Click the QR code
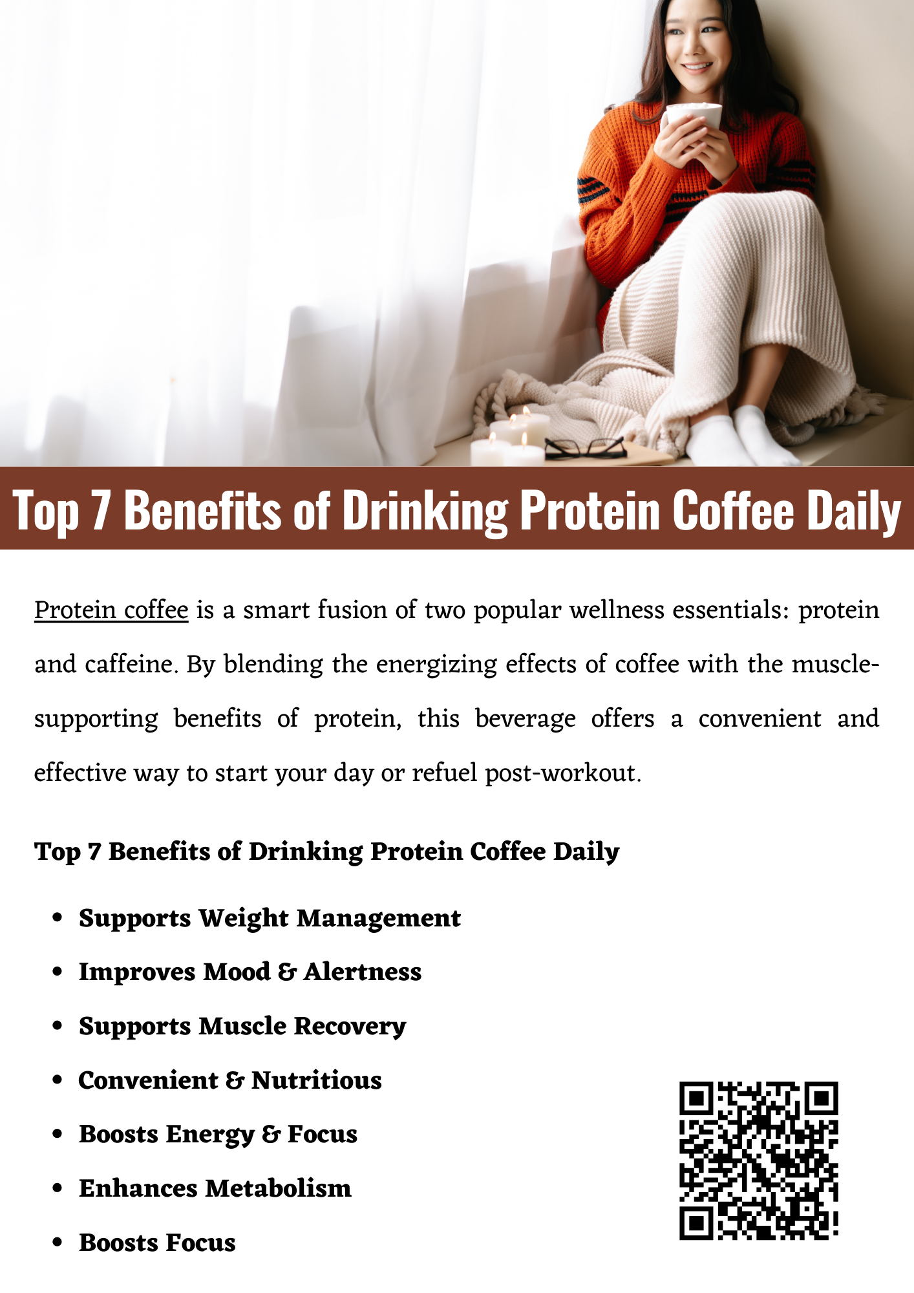759,1160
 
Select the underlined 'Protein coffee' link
111,610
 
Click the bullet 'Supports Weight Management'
270,919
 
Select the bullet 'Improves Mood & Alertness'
250,972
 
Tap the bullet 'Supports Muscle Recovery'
242,1027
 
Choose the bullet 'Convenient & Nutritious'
230,1080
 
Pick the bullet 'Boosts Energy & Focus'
218,1135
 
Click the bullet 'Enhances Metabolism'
215,1188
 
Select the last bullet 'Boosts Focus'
157,1243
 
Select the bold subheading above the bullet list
327,851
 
